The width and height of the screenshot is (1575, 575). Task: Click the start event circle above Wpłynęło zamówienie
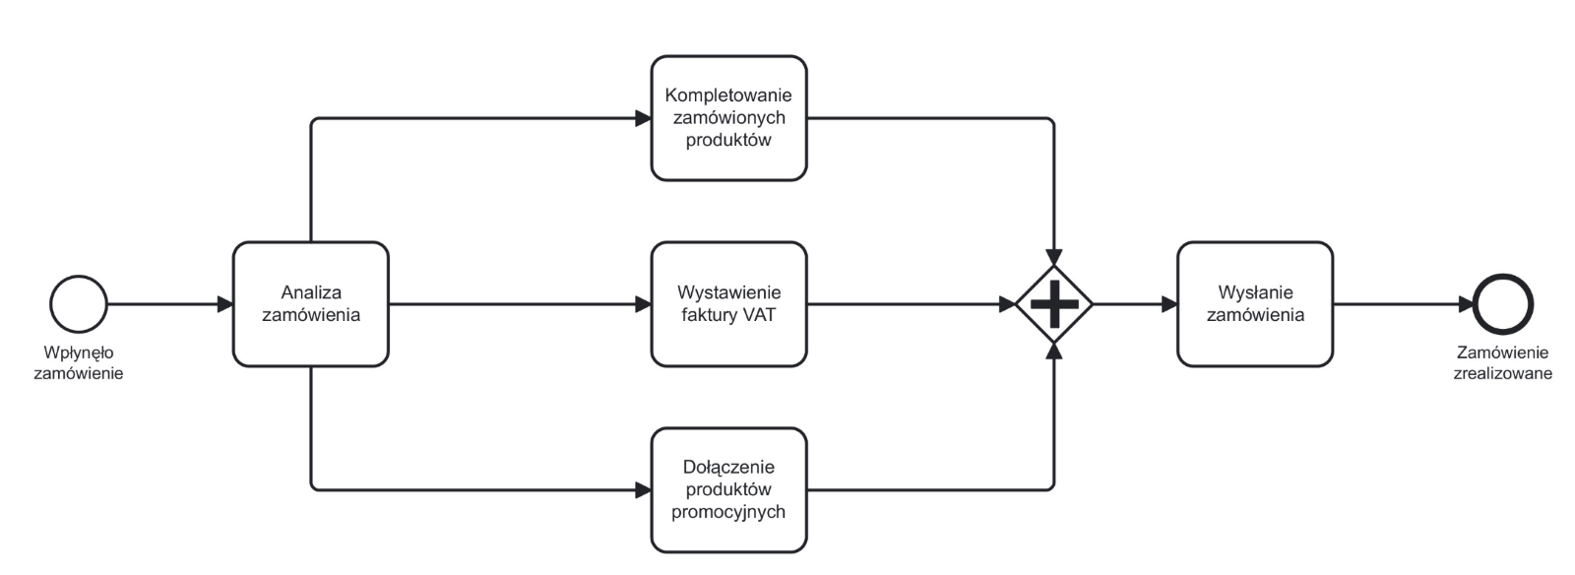(79, 304)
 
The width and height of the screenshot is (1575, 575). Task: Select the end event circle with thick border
(1503, 304)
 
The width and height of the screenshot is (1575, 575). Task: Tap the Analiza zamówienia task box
(311, 304)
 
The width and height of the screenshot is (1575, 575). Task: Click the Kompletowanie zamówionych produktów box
(728, 118)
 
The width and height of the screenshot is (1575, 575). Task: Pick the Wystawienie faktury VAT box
(728, 304)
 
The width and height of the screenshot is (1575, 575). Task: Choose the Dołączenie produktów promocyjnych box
(728, 489)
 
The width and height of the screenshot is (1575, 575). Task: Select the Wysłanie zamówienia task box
(1254, 304)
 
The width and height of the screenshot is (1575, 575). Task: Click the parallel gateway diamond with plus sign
(1054, 304)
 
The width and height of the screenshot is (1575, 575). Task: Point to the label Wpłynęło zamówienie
(79, 362)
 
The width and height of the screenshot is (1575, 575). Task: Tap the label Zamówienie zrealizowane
(1502, 362)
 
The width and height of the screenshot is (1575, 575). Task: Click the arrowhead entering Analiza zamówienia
(225, 304)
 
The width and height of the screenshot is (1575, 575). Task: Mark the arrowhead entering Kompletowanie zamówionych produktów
(643, 118)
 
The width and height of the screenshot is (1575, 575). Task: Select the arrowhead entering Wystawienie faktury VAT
(643, 304)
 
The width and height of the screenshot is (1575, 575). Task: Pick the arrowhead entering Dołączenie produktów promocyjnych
(643, 489)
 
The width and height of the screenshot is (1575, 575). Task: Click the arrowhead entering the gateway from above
(1054, 258)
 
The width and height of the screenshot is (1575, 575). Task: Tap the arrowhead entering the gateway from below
(1054, 351)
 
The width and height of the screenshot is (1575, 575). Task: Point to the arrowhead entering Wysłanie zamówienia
(1169, 304)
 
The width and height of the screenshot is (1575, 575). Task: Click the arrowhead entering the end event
(1466, 304)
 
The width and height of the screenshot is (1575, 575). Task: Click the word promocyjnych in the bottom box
(728, 511)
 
